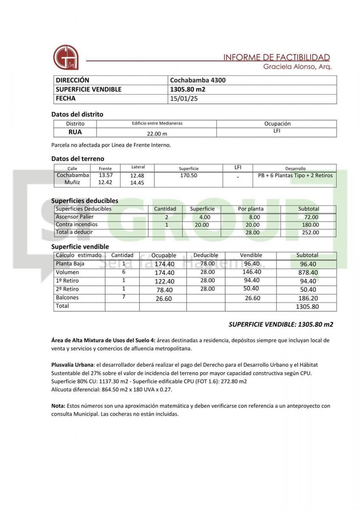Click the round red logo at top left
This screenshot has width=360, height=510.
click(66, 57)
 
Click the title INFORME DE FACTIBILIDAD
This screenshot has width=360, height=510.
click(277, 57)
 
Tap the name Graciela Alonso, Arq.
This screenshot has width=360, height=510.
click(297, 67)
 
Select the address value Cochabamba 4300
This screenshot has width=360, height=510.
click(198, 80)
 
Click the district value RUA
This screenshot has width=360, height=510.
click(75, 132)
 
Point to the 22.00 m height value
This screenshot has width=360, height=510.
click(157, 134)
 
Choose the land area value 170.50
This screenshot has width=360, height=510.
click(189, 175)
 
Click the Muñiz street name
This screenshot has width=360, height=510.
click(72, 182)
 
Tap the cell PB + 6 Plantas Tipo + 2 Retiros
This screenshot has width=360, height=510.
click(295, 175)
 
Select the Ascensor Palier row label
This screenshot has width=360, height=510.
click(75, 217)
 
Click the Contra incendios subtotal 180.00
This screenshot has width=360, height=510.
click(310, 225)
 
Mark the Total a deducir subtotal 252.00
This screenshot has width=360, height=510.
click(310, 233)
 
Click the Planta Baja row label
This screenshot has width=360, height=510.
click(70, 264)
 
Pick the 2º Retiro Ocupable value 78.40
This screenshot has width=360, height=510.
click(164, 290)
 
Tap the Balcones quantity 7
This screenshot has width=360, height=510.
click(124, 297)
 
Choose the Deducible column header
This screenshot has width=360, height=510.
click(206, 255)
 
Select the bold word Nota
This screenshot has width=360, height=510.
click(58, 406)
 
